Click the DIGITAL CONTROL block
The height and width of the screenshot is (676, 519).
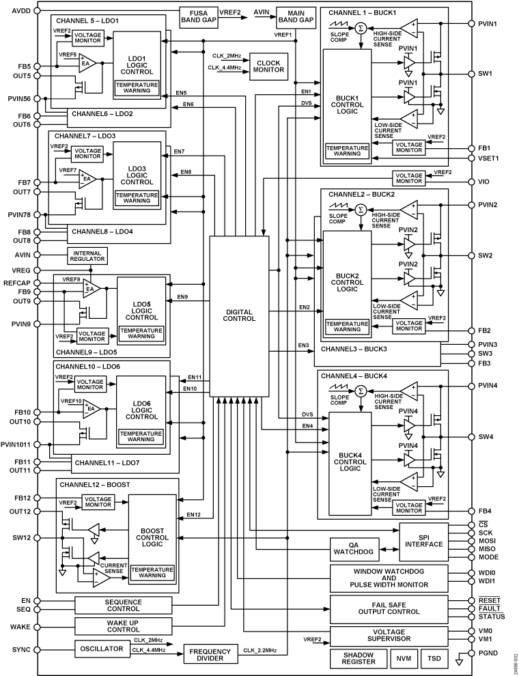point(238,315)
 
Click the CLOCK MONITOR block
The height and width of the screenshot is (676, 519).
point(269,66)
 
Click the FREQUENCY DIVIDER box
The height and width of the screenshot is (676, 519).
point(211,653)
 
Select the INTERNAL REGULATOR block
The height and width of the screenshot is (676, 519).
point(87,256)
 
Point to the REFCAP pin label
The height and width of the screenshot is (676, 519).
point(17,281)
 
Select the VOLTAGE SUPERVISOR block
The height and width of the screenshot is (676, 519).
point(389,636)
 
